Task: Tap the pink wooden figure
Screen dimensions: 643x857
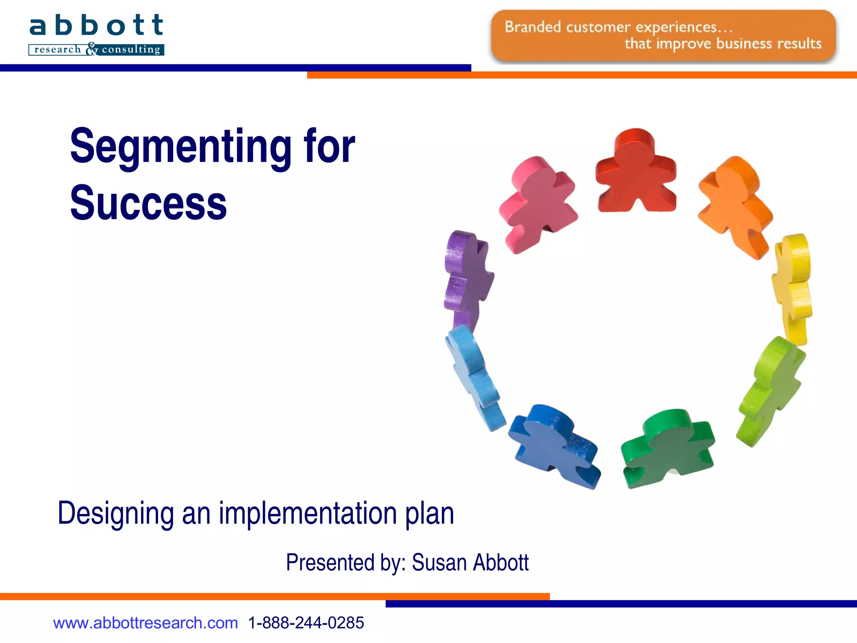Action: [538, 203]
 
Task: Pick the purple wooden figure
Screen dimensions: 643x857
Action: [467, 278]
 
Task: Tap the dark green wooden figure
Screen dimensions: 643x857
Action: [667, 448]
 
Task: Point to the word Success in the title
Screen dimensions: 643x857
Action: [148, 203]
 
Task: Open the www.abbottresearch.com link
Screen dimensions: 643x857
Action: [145, 623]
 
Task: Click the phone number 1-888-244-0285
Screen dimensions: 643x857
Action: [306, 623]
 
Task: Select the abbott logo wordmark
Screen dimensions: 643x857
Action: [96, 26]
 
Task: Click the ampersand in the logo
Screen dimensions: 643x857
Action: [92, 49]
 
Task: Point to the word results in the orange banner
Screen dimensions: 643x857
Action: [799, 44]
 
